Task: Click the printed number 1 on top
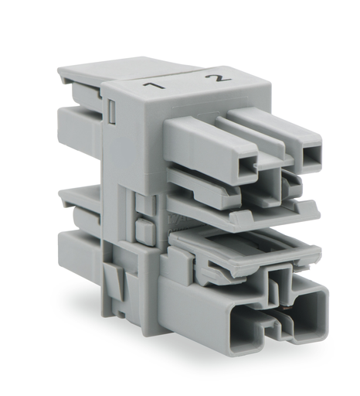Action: pos(154,85)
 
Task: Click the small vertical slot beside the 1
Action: pos(112,111)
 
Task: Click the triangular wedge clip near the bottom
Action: pos(114,279)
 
